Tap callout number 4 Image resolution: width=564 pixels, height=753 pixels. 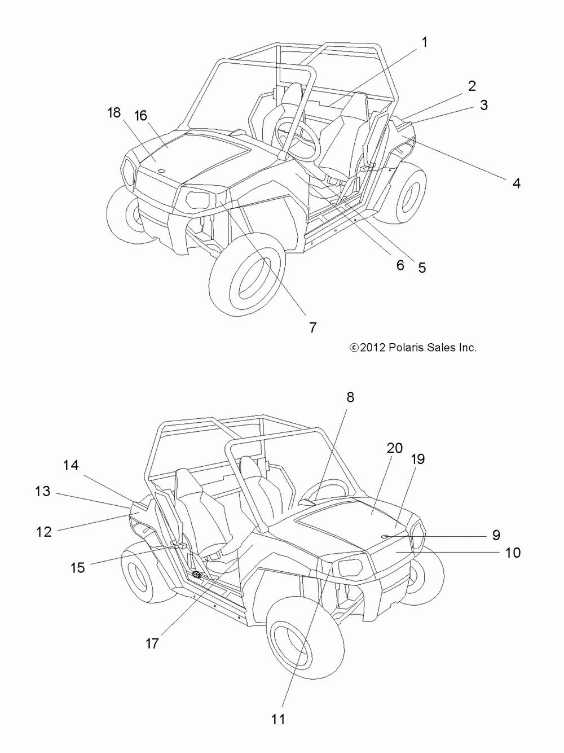point(516,183)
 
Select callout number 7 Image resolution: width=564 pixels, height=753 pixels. point(312,327)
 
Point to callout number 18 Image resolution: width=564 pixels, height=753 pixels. point(114,113)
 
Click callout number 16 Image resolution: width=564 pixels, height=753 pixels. point(140,116)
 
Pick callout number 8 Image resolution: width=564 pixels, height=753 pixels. point(350,397)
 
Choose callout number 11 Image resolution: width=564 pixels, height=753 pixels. point(279,719)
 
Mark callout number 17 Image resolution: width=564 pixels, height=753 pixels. point(152,643)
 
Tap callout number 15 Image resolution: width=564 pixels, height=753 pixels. point(78,567)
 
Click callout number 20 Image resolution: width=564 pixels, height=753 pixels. point(395,448)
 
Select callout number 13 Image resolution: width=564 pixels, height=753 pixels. point(43,492)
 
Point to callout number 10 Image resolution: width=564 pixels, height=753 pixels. point(513,552)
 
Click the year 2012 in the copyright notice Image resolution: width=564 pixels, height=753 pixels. point(372,348)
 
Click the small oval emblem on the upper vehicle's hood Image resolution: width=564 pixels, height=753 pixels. point(160,170)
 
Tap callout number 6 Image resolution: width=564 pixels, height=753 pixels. point(400,265)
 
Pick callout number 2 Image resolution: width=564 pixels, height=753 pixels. point(472,86)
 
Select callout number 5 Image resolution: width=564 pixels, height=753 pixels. point(422,268)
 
